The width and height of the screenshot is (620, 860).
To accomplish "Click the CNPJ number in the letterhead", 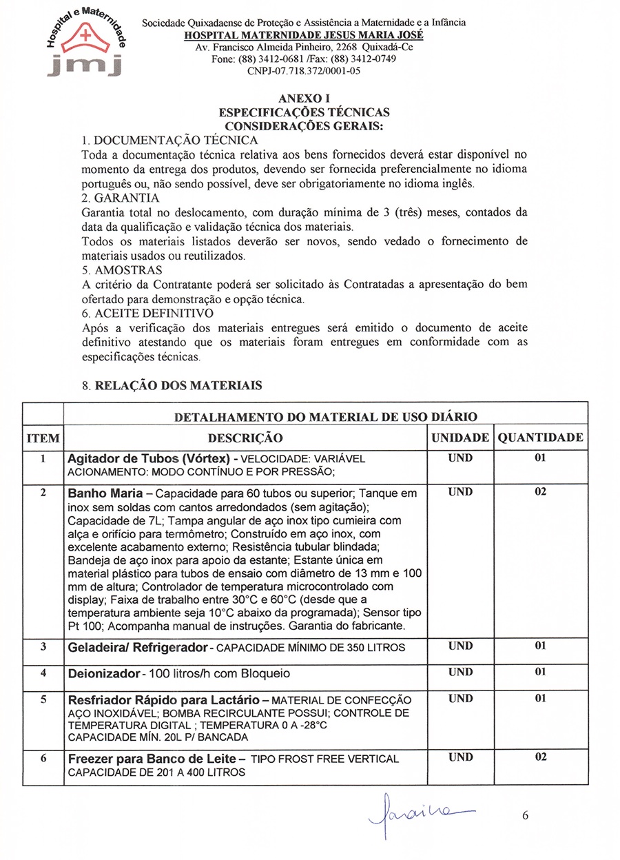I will [304, 70].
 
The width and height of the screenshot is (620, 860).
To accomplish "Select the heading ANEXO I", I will [304, 99].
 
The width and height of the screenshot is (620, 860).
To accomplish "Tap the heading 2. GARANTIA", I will [120, 198].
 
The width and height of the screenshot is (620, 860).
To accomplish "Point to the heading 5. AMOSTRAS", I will [122, 269].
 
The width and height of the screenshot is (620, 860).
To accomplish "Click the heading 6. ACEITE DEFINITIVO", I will [147, 313].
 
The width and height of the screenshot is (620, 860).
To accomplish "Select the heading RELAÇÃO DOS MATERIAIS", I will [178, 386].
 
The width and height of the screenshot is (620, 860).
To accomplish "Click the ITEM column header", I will [43, 438].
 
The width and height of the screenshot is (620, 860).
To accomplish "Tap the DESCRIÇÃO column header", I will [245, 438].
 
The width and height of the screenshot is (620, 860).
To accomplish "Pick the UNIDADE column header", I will [460, 438].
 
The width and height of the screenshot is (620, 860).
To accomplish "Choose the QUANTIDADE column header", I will [541, 438].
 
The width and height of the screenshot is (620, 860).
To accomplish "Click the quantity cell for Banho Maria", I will [541, 492].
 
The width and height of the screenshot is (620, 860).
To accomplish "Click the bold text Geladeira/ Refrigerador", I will [137, 647].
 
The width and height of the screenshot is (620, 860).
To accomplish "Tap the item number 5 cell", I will [43, 699].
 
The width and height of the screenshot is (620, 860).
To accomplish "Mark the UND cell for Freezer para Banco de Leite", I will [460, 757].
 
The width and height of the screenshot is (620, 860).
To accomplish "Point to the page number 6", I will [525, 816].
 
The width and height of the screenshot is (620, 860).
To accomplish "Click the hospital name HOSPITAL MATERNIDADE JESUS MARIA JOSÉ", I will [304, 35].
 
